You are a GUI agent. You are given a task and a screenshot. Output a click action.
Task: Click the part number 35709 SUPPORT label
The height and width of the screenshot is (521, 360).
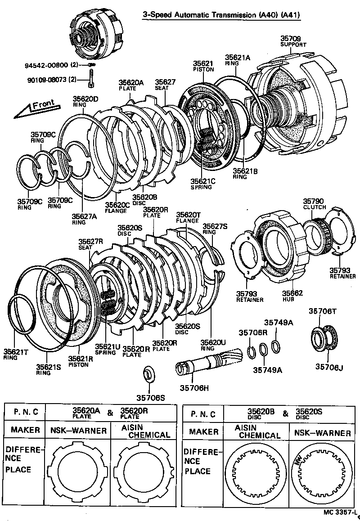[x=293, y=42]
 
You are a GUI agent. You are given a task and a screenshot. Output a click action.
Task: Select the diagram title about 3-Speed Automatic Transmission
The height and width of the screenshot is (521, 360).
[x=221, y=15]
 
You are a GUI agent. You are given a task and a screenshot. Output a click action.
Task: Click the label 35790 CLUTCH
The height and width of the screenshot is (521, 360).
[x=314, y=204]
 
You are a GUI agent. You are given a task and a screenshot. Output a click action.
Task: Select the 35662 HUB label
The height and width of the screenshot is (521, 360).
[x=293, y=296]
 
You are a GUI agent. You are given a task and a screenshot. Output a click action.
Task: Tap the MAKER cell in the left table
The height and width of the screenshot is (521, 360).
[x=26, y=430]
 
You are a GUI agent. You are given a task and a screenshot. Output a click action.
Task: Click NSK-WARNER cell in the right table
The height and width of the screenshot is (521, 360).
[x=322, y=433]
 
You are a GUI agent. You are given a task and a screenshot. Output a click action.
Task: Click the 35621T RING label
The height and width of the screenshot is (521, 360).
[x=16, y=354]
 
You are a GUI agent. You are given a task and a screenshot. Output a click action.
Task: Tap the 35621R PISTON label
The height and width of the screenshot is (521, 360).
[x=81, y=361]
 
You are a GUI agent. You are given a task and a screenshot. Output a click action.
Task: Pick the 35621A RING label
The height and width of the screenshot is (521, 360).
[x=238, y=60]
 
